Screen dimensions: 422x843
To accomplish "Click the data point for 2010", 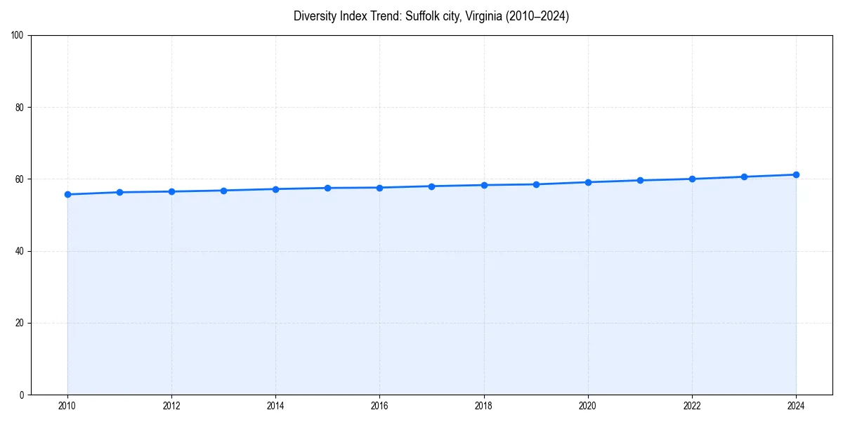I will (x=67, y=194).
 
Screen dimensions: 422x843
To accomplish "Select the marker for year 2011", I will (x=119, y=192).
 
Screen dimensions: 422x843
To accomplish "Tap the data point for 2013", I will (x=223, y=191).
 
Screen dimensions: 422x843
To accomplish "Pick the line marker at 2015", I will (x=327, y=188).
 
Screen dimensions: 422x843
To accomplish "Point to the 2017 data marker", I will (x=431, y=186).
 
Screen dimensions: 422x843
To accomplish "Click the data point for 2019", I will (x=536, y=184).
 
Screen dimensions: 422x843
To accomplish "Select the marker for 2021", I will (x=640, y=180).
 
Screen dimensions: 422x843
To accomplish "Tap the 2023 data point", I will (x=744, y=177).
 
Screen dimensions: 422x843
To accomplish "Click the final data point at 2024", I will (x=796, y=174).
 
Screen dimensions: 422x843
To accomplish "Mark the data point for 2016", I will (x=379, y=188).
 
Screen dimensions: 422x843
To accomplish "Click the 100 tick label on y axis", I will (x=18, y=36).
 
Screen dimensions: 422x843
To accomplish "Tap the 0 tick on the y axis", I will (x=22, y=395).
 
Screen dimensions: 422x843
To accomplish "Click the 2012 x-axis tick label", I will (x=171, y=406).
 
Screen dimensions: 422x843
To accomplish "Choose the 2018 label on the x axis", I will (x=483, y=406).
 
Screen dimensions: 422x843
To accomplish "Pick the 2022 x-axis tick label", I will (x=692, y=406).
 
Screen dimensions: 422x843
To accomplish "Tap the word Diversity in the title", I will (x=314, y=16).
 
